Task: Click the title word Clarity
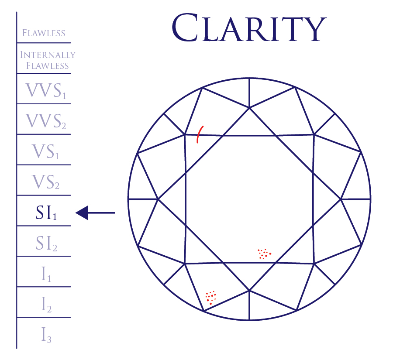coord(249,27)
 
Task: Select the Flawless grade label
coord(44,33)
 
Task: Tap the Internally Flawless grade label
coord(48,60)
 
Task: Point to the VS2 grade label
coord(45,182)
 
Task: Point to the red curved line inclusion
coord(199,134)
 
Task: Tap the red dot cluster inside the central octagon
coord(264,254)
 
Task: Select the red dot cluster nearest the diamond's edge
coord(211,298)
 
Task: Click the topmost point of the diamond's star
coord(249,107)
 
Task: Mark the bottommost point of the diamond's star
coord(249,290)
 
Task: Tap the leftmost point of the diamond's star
coord(158,199)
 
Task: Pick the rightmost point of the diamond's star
coord(341,199)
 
